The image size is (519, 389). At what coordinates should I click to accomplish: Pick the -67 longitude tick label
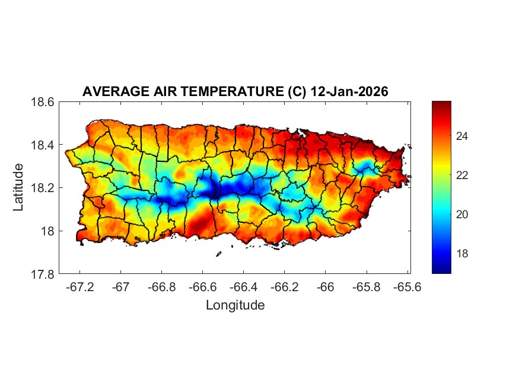point(121,286)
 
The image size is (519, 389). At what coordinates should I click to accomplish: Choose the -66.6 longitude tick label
point(202,286)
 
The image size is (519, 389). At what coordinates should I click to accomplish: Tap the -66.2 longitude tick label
point(284,286)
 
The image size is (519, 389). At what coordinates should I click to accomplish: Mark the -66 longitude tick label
point(325,286)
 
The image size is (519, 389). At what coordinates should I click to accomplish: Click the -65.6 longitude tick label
point(406,286)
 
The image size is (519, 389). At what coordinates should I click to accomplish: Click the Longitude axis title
point(235,305)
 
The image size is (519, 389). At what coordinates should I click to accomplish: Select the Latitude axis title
point(18,187)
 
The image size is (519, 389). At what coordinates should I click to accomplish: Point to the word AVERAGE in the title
point(111,92)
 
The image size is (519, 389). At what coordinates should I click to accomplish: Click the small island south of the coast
point(218,254)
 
